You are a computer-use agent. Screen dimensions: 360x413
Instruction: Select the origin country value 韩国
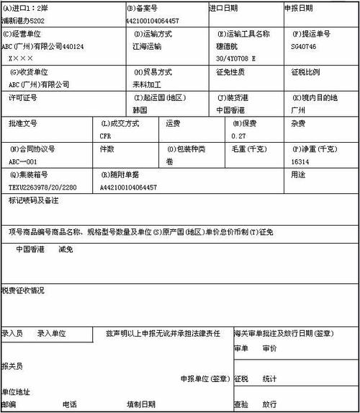click(140, 110)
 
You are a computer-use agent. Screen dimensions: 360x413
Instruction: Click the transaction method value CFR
click(106, 136)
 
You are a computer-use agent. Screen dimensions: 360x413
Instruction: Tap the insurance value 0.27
click(238, 136)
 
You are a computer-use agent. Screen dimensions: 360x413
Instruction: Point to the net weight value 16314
click(302, 161)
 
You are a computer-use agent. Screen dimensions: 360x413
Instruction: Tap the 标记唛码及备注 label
click(33, 199)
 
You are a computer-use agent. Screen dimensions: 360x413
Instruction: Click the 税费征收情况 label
click(22, 290)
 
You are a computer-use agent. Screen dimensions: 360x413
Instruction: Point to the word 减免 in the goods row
click(66, 249)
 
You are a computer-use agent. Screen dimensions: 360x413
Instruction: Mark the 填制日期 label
click(140, 404)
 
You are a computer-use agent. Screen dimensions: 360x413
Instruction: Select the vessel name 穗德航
click(230, 45)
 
